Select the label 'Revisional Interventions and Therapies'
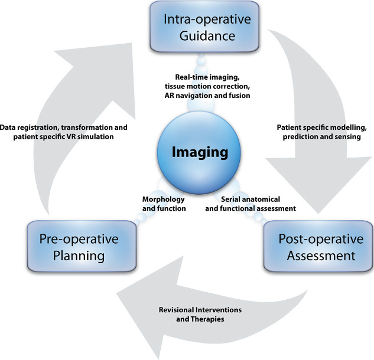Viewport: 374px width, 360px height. tap(201, 314)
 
